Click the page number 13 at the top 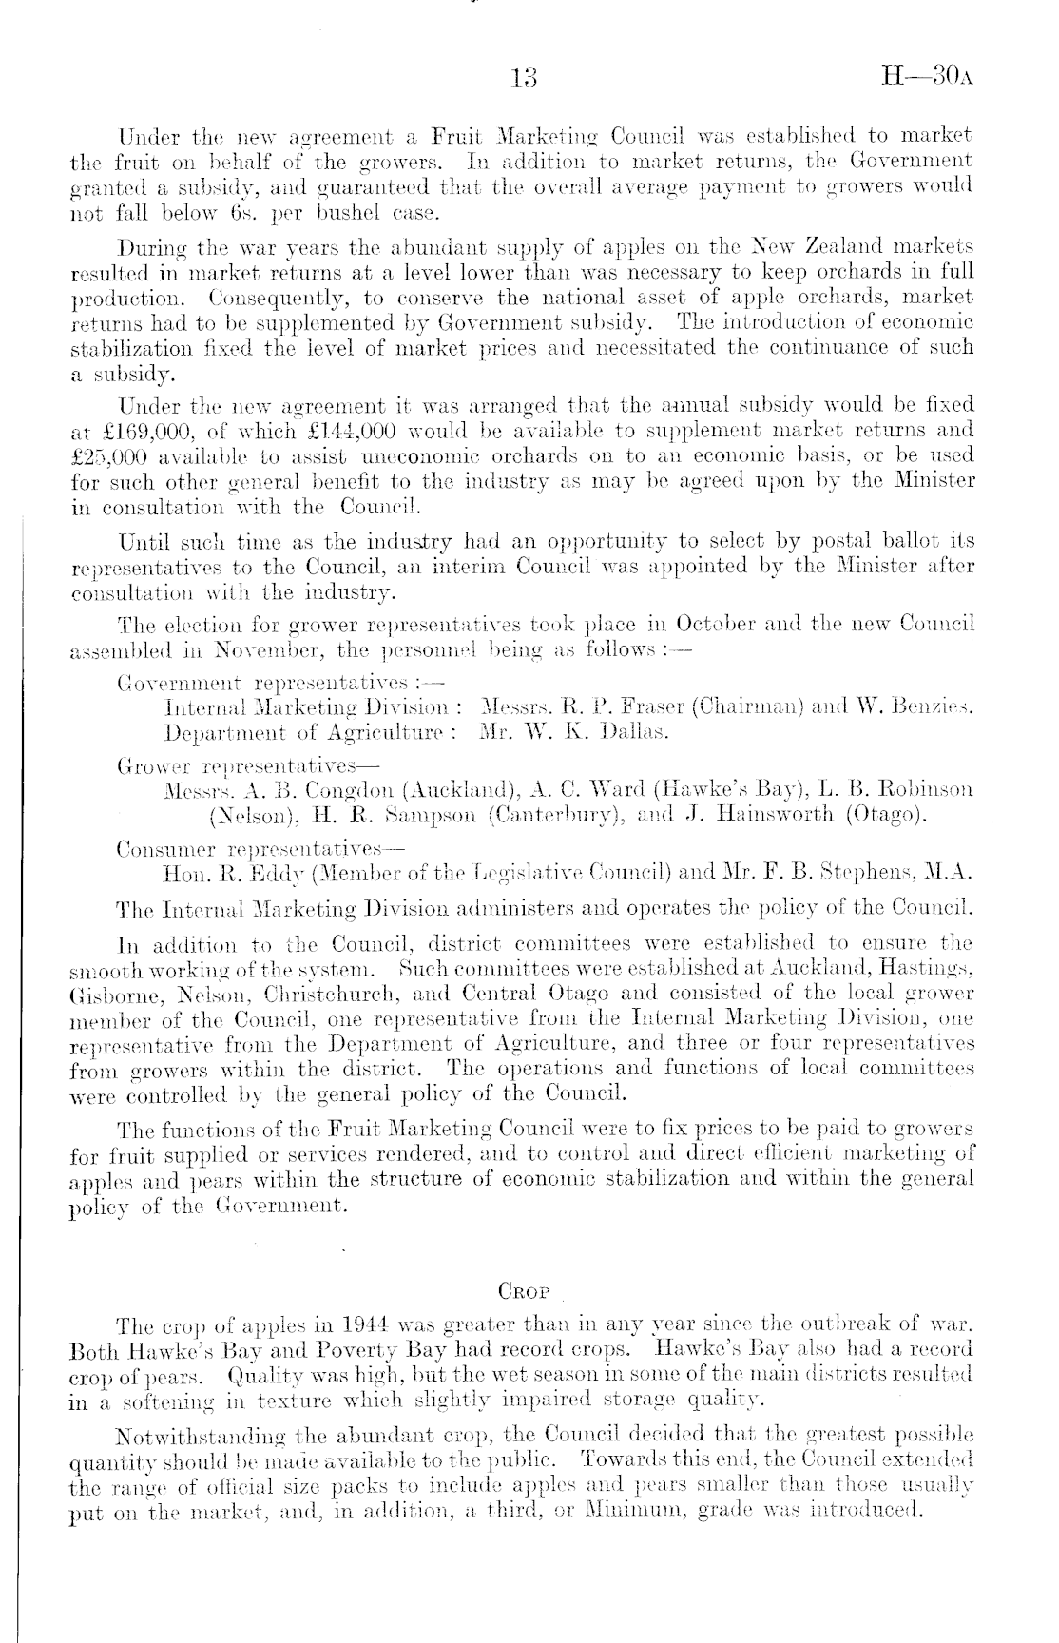pyautogui.click(x=524, y=78)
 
